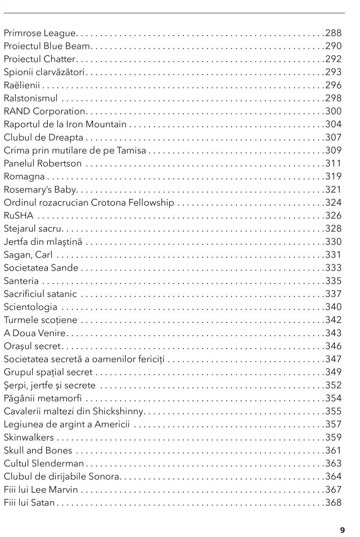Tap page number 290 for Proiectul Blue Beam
334,46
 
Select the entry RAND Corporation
45,111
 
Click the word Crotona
111,202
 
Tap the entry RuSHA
18,215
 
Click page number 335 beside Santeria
334,281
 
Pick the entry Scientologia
31,307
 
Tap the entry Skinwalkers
28,437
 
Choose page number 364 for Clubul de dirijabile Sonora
334,476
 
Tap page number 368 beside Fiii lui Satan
334,503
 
